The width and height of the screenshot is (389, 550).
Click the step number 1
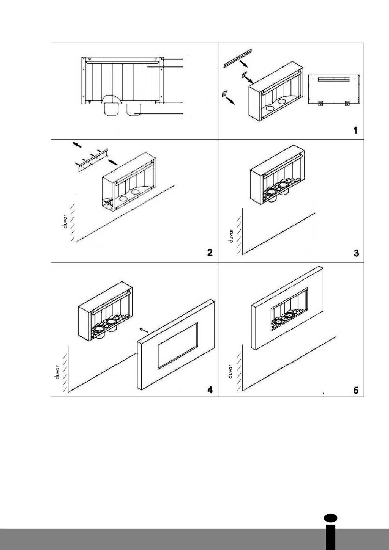coord(355,130)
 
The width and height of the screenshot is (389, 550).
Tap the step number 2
coord(210,252)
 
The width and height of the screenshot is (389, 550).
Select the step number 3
coord(356,253)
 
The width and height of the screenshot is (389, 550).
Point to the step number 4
coord(210,390)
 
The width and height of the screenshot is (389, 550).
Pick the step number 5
coord(356,390)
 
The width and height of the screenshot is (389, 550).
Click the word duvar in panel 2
coord(65,221)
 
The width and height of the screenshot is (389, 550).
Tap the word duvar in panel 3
coord(231,236)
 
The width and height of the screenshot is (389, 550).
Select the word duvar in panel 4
coord(58,372)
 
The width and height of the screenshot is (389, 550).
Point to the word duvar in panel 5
coord(230,371)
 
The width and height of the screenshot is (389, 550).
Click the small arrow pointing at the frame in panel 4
coord(144,330)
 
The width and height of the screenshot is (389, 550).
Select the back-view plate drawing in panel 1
coord(334,90)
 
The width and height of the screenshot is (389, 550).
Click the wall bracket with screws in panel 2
coord(92,160)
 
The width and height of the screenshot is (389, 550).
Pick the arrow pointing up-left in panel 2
coord(77,145)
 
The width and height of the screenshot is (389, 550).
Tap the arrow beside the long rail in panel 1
coord(244,64)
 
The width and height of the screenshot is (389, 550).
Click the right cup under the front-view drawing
coord(134,109)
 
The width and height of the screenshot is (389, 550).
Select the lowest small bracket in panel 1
coord(224,93)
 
